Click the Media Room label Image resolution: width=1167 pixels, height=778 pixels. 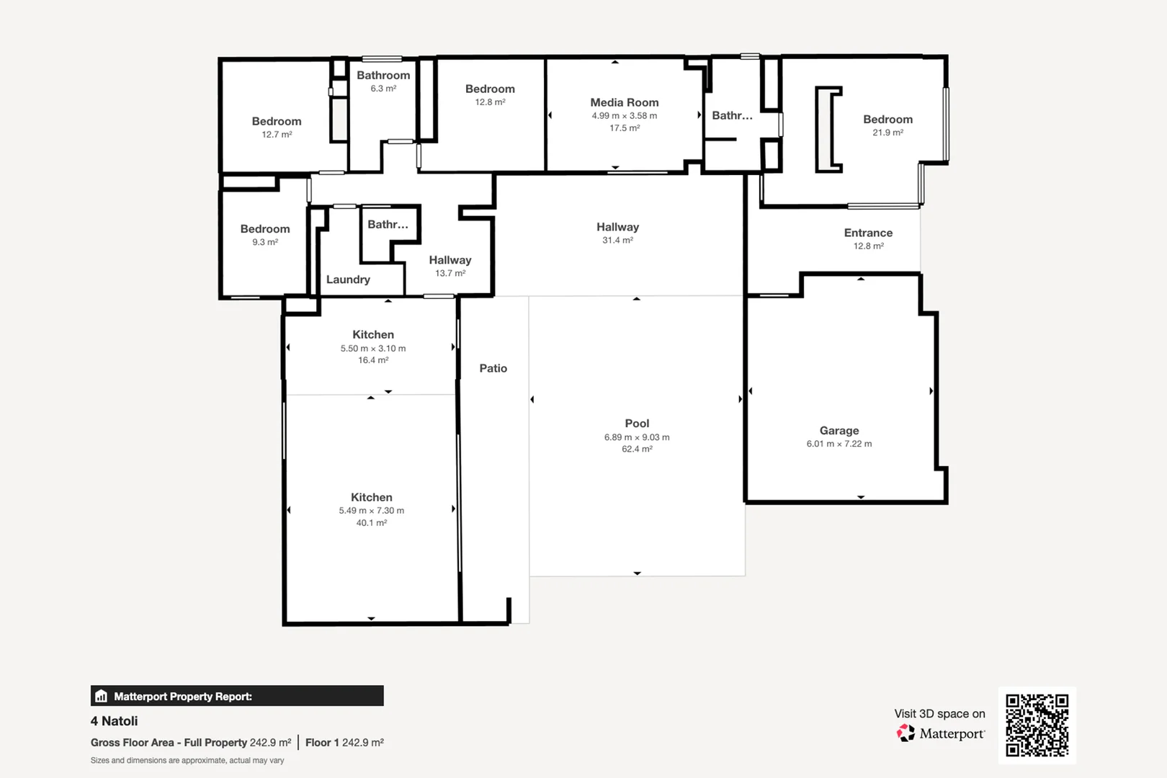pos(624,102)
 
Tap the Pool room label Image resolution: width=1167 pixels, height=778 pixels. pos(637,424)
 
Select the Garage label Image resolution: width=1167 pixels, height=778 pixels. pos(839,431)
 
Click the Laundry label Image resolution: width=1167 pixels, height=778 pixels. pos(348,280)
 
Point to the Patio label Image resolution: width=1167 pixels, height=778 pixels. pos(493,368)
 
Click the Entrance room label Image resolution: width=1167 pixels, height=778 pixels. pos(868,233)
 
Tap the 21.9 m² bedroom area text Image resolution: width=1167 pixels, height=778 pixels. pos(887,133)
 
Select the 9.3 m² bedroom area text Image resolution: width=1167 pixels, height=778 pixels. pos(265,242)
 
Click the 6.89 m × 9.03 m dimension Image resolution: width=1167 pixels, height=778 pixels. pos(637,437)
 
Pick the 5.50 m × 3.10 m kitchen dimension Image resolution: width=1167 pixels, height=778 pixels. pos(373,348)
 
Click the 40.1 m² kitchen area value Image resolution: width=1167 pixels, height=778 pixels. pos(372,523)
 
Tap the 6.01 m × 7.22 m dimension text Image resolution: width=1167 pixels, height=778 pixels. pos(839,444)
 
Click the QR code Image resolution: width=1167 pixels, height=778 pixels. pos(1037,725)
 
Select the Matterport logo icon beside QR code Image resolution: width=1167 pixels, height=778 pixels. pos(906,733)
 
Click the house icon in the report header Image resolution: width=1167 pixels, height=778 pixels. pos(102,696)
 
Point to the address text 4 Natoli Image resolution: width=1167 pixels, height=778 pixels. pos(114,721)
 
